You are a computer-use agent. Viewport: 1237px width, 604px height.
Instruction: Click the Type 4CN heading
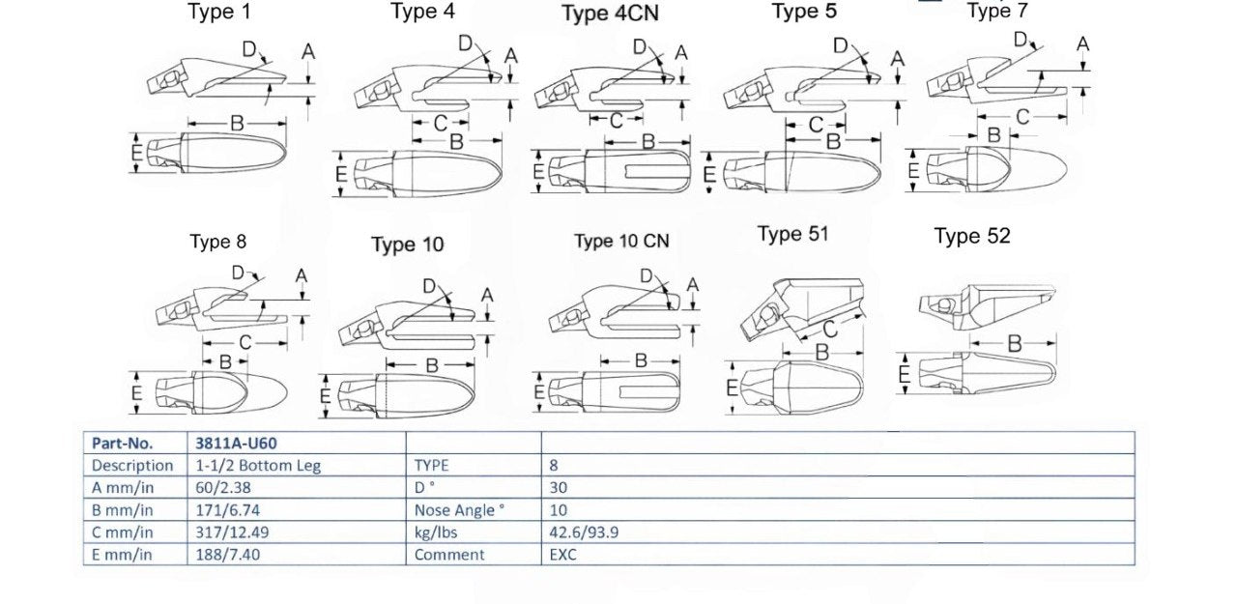(x=610, y=13)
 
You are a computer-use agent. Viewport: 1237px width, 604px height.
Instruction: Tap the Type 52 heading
(x=972, y=237)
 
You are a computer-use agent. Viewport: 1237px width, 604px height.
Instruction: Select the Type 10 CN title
(x=621, y=242)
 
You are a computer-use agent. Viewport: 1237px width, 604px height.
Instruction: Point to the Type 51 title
(x=793, y=234)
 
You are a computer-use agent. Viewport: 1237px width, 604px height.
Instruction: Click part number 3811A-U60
(x=236, y=444)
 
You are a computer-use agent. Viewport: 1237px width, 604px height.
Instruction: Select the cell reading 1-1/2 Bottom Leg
(x=258, y=466)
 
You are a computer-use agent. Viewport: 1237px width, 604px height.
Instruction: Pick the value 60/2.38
(x=223, y=487)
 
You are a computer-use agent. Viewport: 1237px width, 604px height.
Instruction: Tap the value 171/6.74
(x=227, y=510)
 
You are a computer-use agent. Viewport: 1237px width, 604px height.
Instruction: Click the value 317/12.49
(x=232, y=532)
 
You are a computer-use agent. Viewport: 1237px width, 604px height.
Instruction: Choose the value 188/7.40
(x=227, y=555)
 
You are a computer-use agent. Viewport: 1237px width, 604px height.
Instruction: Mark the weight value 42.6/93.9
(x=584, y=532)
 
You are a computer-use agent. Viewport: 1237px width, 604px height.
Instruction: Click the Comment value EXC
(x=562, y=555)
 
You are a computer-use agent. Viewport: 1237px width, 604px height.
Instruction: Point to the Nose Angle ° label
(x=459, y=510)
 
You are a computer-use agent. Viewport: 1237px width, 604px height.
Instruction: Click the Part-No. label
(x=122, y=444)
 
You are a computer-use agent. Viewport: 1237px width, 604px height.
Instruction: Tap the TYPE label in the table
(x=431, y=466)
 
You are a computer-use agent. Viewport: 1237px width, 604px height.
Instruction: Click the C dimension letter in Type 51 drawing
(x=830, y=330)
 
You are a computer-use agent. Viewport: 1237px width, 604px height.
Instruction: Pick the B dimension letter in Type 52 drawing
(x=1015, y=344)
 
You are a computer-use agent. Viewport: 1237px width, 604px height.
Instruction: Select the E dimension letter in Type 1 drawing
(x=137, y=152)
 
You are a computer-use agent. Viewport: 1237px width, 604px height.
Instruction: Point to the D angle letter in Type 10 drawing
(x=430, y=286)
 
